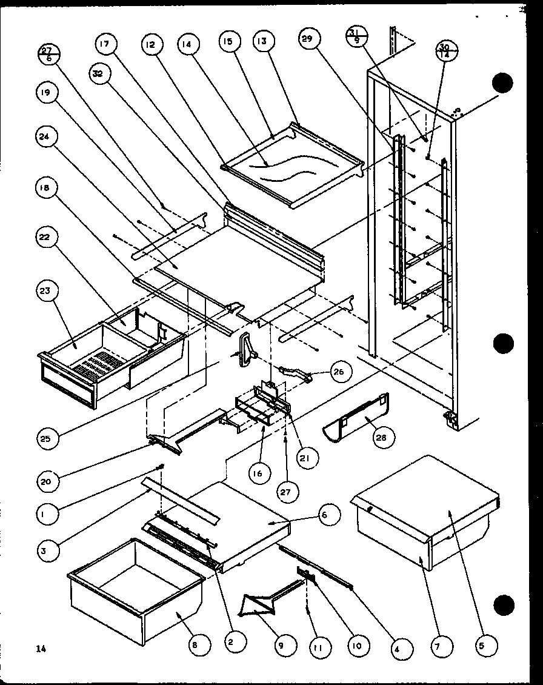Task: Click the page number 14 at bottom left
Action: tap(40, 649)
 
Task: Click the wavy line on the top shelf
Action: tap(285, 168)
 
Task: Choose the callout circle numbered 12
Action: tap(152, 44)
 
